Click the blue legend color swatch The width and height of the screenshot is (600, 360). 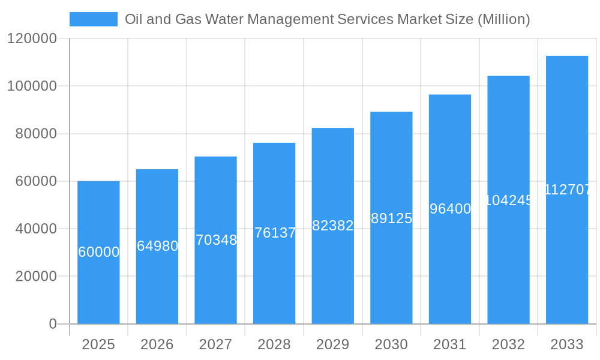pyautogui.click(x=94, y=19)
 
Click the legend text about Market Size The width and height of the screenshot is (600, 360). pyautogui.click(x=327, y=19)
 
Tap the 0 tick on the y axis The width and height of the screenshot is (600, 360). pyautogui.click(x=52, y=324)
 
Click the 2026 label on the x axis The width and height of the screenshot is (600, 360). pyautogui.click(x=157, y=344)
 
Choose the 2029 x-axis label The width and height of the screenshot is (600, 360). pyautogui.click(x=333, y=344)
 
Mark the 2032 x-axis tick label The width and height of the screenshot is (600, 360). pyautogui.click(x=508, y=344)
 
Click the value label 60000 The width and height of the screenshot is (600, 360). pyautogui.click(x=98, y=252)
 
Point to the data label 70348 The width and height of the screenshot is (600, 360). pyautogui.click(x=216, y=240)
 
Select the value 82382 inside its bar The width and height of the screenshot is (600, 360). pyautogui.click(x=333, y=226)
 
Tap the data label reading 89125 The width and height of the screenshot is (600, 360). pyautogui.click(x=391, y=218)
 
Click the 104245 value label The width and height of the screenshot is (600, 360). pyautogui.click(x=508, y=200)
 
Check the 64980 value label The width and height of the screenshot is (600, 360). pyautogui.click(x=157, y=246)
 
